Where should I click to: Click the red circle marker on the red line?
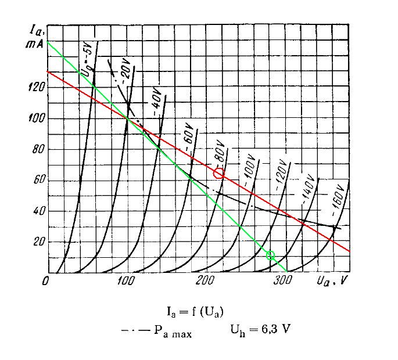click(x=218, y=173)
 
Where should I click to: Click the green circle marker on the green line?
click(x=270, y=255)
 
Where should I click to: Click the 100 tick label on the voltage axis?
click(x=126, y=282)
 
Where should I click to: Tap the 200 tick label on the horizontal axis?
click(x=205, y=282)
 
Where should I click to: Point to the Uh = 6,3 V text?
click(x=260, y=329)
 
